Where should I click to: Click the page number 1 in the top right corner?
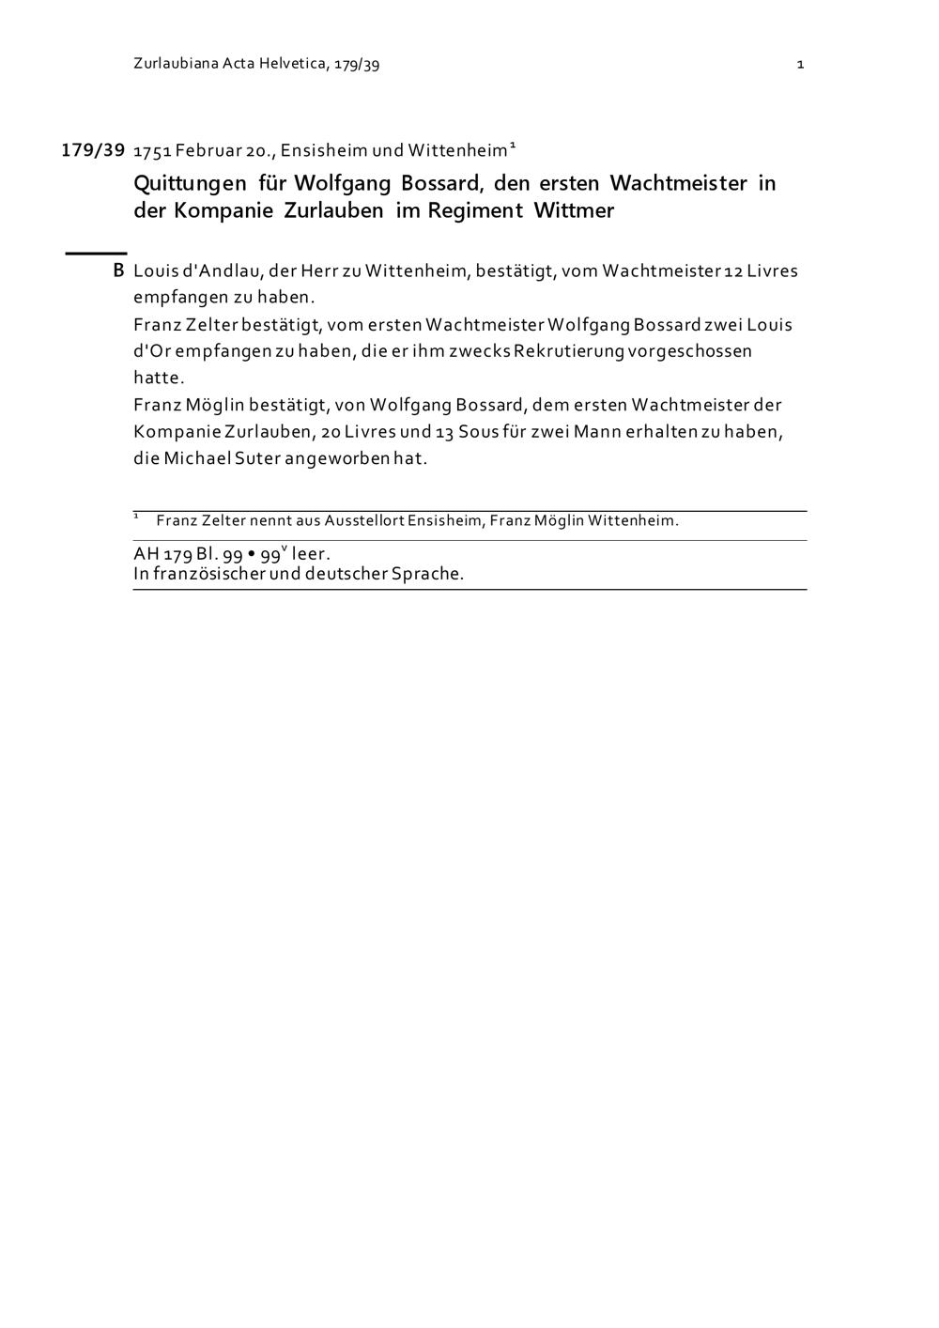800,65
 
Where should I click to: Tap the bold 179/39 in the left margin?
93,150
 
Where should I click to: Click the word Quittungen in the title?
191,183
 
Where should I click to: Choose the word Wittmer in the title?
574,210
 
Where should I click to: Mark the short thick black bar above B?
95,253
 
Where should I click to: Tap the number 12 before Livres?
732,271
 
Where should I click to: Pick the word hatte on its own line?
158,378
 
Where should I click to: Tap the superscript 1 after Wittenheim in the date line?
513,147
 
